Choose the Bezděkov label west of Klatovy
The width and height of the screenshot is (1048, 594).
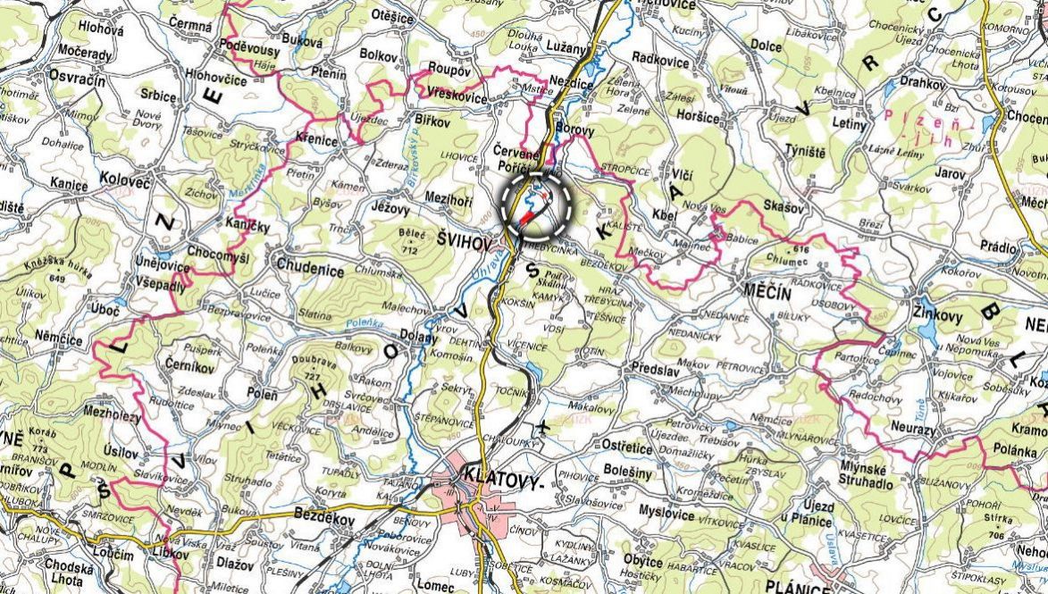click(x=323, y=517)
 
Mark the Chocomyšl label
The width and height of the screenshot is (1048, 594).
click(x=218, y=255)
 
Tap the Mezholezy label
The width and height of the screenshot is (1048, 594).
click(x=112, y=414)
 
